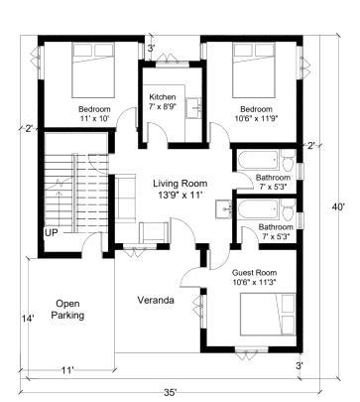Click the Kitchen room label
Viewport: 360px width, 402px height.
163,97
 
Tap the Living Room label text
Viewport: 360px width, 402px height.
180,184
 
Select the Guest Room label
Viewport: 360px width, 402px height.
254,273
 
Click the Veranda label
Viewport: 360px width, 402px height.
156,300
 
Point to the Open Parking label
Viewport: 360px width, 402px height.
67,310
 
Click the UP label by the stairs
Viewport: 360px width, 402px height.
52,233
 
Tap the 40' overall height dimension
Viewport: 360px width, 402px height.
338,207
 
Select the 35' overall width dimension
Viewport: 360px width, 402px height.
171,392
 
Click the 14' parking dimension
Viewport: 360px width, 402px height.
28,319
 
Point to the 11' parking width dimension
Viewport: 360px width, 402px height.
67,370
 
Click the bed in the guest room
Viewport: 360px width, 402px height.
268,314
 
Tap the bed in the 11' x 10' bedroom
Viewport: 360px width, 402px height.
93,70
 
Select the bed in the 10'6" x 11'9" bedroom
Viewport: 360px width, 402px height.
254,70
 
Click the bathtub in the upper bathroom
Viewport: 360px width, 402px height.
258,161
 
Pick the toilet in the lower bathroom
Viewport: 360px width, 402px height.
289,209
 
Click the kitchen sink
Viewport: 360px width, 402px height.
193,107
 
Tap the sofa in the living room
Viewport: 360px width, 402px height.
125,199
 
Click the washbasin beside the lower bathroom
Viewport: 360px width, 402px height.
224,209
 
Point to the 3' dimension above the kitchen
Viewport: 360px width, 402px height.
151,49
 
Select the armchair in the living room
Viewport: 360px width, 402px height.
154,232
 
